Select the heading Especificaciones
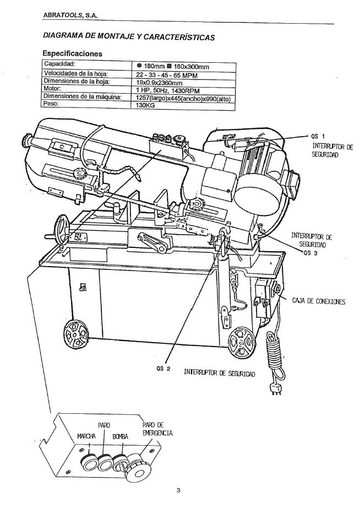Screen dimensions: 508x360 point(72,53)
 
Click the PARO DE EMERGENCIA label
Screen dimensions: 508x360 point(157,429)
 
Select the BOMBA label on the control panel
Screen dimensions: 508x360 point(121,436)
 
